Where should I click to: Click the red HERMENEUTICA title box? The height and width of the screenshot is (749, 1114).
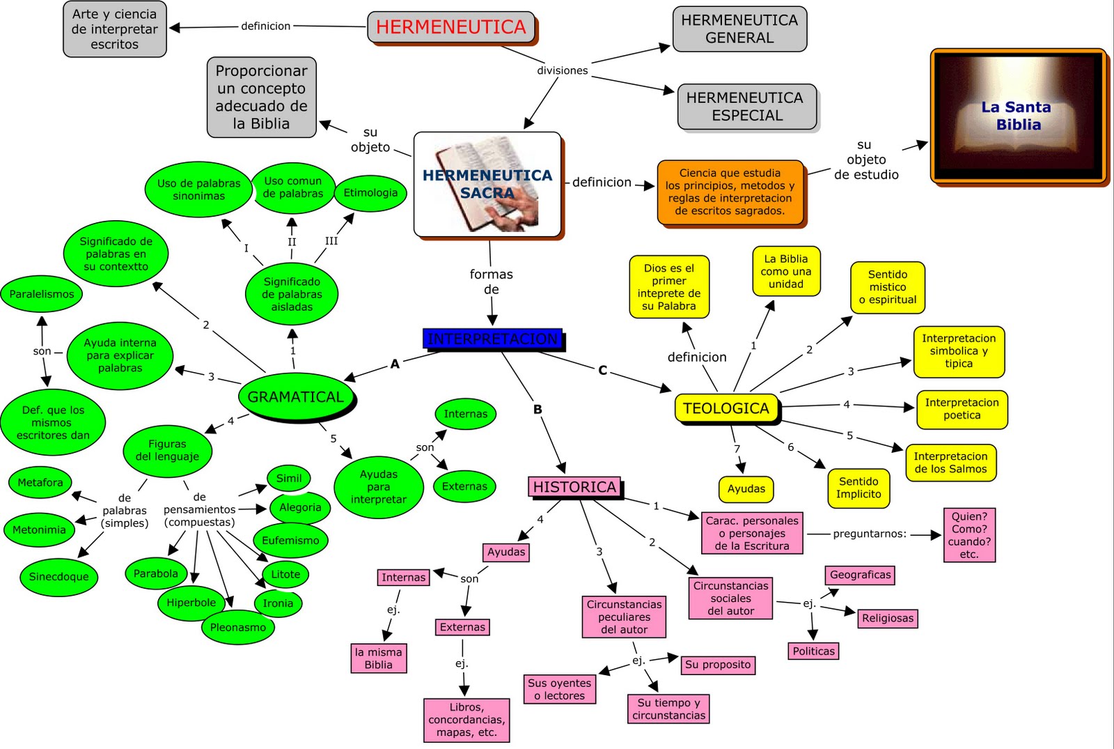pyautogui.click(x=451, y=27)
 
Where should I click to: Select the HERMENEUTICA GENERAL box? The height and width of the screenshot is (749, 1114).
pyautogui.click(x=739, y=29)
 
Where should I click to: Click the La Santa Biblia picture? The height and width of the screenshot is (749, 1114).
pyautogui.click(x=1018, y=116)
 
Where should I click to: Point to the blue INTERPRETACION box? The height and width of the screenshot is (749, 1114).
pyautogui.click(x=493, y=339)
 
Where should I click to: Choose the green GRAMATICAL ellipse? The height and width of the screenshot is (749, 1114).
pyautogui.click(x=296, y=396)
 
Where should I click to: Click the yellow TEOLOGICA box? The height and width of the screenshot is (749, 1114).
pyautogui.click(x=725, y=408)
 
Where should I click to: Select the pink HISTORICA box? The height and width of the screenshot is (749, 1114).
pyautogui.click(x=575, y=487)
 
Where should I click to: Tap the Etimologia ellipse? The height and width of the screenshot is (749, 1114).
pyautogui.click(x=370, y=193)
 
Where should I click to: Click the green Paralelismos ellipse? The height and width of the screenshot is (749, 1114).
pyautogui.click(x=42, y=294)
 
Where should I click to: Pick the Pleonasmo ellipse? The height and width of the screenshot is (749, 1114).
pyautogui.click(x=238, y=627)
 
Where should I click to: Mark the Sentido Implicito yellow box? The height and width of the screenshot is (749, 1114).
pyautogui.click(x=858, y=488)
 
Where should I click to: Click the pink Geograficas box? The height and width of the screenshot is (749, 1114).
pyautogui.click(x=860, y=575)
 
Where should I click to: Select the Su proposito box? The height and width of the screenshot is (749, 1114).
pyautogui.click(x=718, y=665)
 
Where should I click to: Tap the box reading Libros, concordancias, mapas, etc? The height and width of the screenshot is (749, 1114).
pyautogui.click(x=466, y=720)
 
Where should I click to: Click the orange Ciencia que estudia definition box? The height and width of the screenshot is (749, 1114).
pyautogui.click(x=730, y=192)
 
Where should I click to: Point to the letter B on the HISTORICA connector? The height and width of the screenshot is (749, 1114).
pyautogui.click(x=538, y=410)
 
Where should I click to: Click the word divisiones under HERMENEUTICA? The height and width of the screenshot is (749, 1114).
pyautogui.click(x=562, y=70)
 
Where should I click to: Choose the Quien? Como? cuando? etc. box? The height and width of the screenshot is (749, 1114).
pyautogui.click(x=969, y=535)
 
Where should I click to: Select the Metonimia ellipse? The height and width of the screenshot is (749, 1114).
pyautogui.click(x=39, y=530)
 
